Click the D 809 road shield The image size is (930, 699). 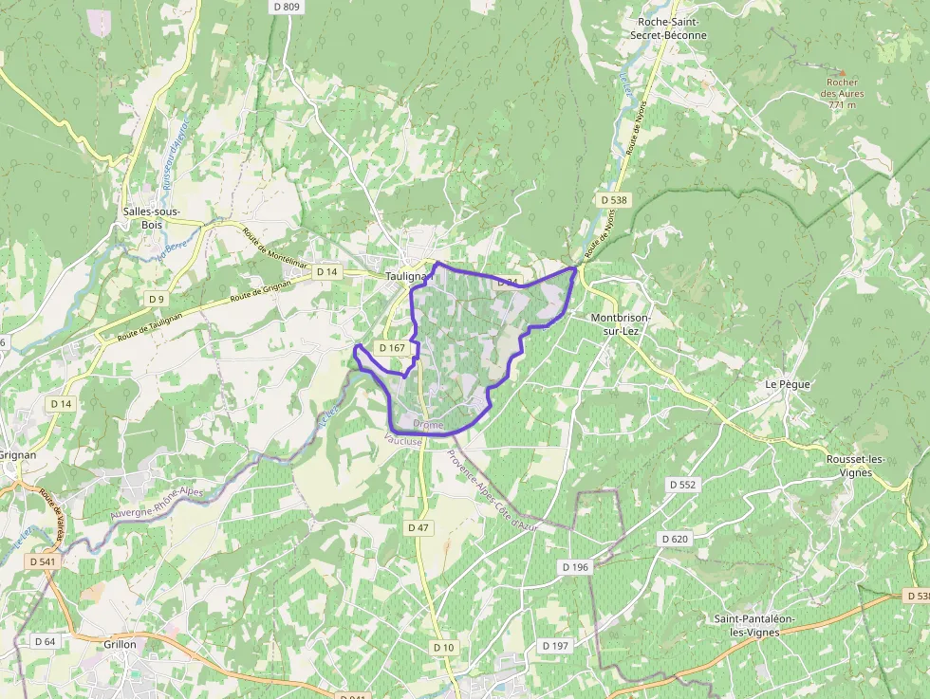coord(286,7)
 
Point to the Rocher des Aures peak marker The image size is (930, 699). coord(842,73)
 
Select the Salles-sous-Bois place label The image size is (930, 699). coord(152,217)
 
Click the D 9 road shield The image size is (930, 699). coord(157,299)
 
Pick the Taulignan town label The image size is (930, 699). coord(408,276)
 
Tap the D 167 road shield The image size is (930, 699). coord(392,348)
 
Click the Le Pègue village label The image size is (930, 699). coord(785,384)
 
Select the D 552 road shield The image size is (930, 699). coord(682,484)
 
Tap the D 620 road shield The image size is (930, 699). coord(674,539)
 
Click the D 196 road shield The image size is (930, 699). coord(575,566)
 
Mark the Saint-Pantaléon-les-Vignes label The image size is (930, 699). coord(755,625)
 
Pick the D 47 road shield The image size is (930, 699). coord(418,526)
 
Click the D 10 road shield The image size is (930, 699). coord(444,647)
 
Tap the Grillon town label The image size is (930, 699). coord(121,644)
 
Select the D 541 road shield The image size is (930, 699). coord(43,561)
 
